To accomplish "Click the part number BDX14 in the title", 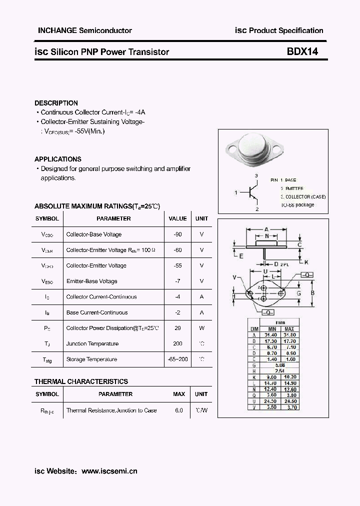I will point(302,51).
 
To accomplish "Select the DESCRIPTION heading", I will point(56,103).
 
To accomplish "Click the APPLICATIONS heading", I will point(57,159).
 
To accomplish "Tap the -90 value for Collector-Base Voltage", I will point(177,234).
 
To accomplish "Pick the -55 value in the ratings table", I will point(177,265).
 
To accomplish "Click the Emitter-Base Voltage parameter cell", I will point(91,281).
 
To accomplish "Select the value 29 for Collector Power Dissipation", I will point(177,328).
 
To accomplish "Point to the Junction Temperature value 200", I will point(177,343).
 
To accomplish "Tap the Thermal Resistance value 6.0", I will point(178,410).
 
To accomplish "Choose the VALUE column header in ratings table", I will point(177,218).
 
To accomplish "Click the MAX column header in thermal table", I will point(178,394).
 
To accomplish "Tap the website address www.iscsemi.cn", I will point(109,471).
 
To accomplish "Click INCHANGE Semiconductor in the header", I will point(85,30).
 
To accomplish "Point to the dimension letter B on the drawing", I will point(312,293).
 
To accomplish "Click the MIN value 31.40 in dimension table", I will point(270,335).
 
